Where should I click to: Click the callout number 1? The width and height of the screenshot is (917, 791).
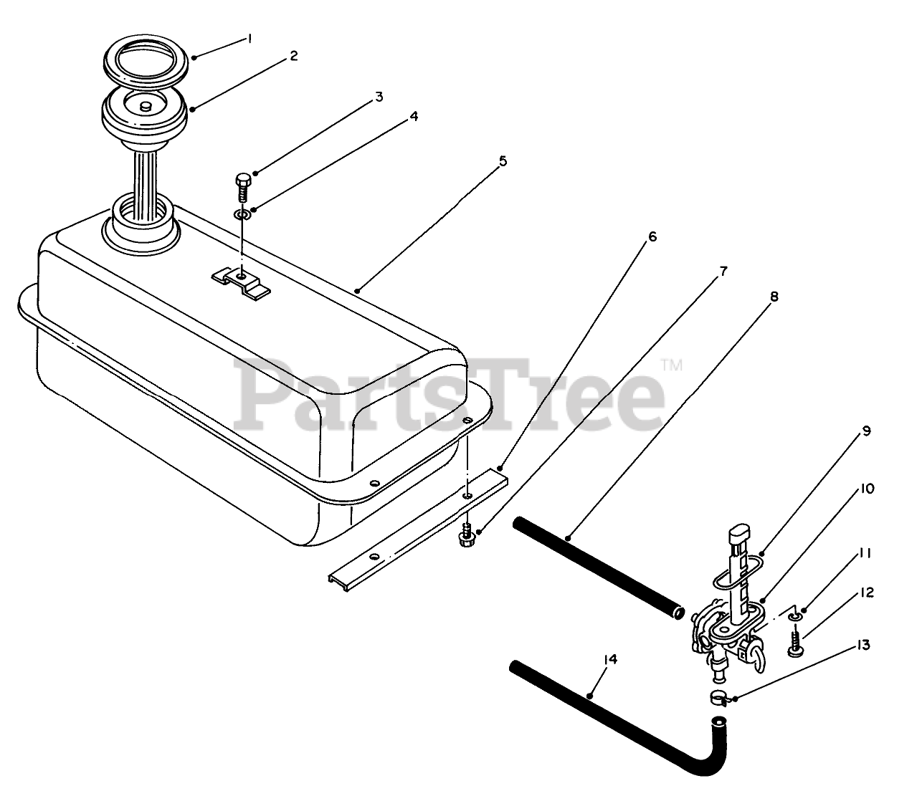250,40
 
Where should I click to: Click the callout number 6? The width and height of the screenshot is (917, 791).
651,236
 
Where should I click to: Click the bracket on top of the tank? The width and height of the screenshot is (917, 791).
242,282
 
